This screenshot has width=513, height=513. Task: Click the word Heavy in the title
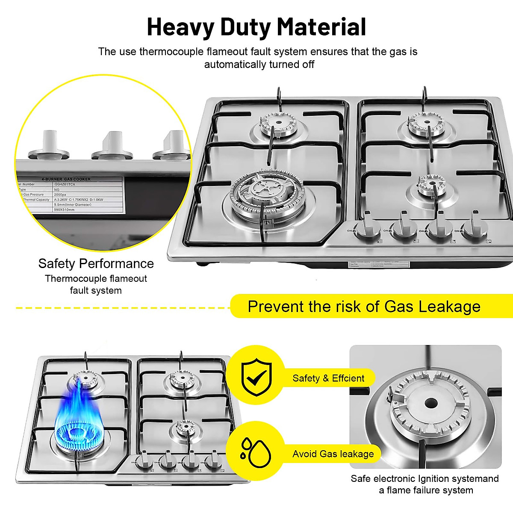pyautogui.click(x=180, y=27)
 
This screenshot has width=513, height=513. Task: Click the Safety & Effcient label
pyautogui.click(x=328, y=378)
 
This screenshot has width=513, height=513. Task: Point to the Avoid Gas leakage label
pyautogui.click(x=333, y=454)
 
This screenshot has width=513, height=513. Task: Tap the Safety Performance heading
pyautogui.click(x=96, y=263)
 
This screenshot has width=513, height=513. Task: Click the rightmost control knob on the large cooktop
pyautogui.click(x=475, y=228)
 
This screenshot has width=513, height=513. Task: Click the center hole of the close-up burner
pyautogui.click(x=430, y=403)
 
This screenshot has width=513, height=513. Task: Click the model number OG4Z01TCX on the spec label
pyautogui.click(x=65, y=184)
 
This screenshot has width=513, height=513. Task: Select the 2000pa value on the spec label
pyautogui.click(x=61, y=195)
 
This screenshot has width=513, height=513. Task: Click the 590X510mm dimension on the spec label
pyautogui.click(x=64, y=210)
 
